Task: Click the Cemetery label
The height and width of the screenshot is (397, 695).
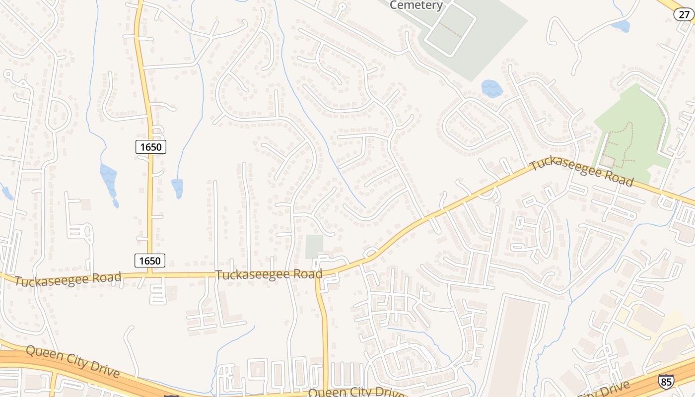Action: point(416,5)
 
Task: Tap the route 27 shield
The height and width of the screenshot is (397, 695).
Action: point(683,14)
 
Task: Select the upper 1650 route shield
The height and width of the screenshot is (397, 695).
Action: point(150,146)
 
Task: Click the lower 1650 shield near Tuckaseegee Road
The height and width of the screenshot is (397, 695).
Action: point(149,261)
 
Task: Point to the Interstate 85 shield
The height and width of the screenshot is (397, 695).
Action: point(666,381)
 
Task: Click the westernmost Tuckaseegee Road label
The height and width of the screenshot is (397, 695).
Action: point(68,279)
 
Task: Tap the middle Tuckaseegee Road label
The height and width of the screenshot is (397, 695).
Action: point(269,274)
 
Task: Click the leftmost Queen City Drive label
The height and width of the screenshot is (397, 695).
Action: point(72,361)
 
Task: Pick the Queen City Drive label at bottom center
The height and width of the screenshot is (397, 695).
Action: point(355,392)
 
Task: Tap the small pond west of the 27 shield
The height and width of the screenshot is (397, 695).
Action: point(621,26)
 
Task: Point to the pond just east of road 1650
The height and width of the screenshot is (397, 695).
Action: point(177,187)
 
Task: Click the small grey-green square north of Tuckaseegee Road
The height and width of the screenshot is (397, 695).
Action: point(314,247)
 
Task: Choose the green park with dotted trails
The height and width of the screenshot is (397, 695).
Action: point(630,134)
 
